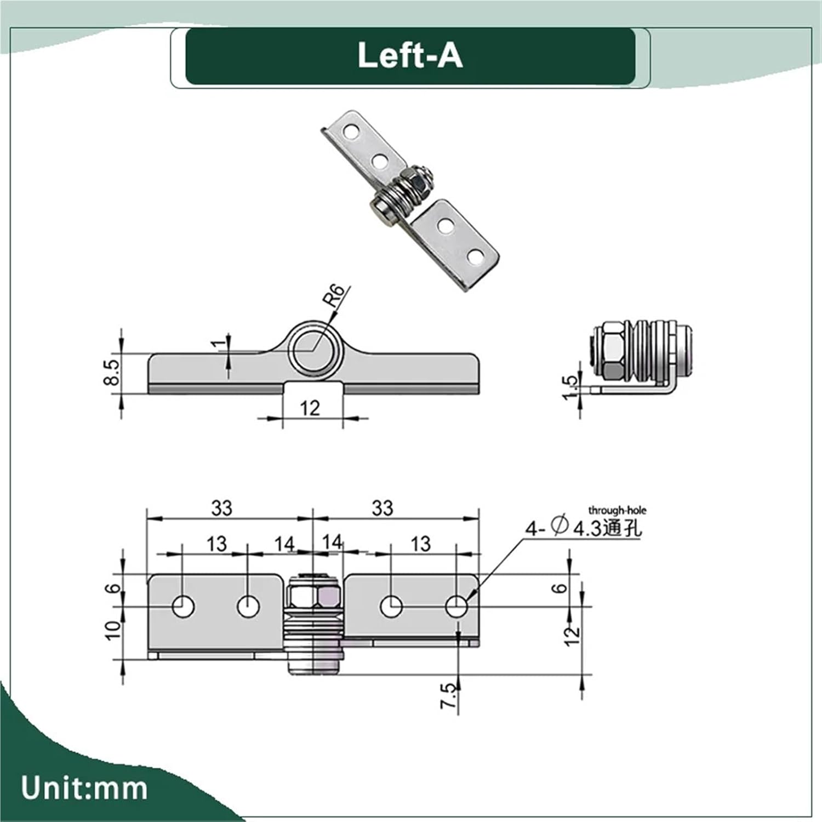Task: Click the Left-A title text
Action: click(x=410, y=55)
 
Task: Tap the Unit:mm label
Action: click(x=84, y=788)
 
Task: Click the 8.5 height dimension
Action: click(x=111, y=372)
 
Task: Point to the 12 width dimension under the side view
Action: click(x=310, y=408)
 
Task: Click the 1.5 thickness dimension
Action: click(x=570, y=387)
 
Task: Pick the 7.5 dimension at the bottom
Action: click(x=448, y=695)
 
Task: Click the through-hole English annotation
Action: click(x=617, y=510)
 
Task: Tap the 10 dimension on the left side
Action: click(x=112, y=631)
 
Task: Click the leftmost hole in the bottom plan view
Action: click(x=183, y=607)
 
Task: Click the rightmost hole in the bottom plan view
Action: click(x=456, y=607)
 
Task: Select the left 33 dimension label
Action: click(x=222, y=508)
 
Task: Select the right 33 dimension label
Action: click(x=383, y=508)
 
